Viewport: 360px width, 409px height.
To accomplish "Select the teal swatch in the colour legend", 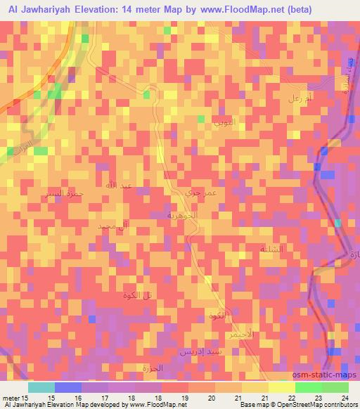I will click(41, 387).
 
